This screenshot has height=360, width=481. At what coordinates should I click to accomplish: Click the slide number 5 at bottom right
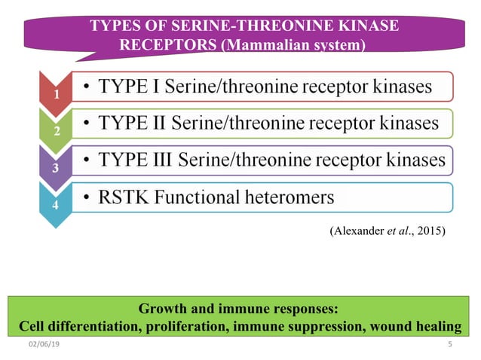(449, 345)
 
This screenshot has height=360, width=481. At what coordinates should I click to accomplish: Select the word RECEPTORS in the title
(168, 45)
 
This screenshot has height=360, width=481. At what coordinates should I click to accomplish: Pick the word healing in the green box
(440, 326)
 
